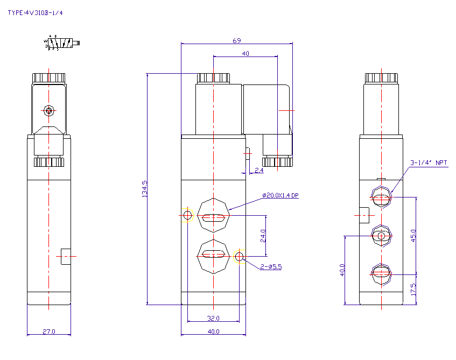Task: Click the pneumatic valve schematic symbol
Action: tap(60, 44)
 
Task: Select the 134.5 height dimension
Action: tap(144, 189)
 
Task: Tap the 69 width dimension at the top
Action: tap(236, 40)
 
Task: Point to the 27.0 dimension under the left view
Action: tap(48, 331)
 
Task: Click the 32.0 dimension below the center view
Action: tap(213, 318)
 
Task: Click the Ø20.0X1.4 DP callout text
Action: tap(280, 196)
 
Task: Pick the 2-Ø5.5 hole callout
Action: tap(271, 266)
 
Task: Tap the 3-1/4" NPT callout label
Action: tap(429, 163)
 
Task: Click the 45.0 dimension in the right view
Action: tap(413, 235)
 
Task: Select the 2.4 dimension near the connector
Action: tap(258, 170)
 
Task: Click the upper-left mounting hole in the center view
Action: tap(187, 215)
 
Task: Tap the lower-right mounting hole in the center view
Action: tap(240, 257)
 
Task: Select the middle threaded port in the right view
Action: tap(382, 236)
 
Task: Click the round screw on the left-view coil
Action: tap(50, 111)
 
